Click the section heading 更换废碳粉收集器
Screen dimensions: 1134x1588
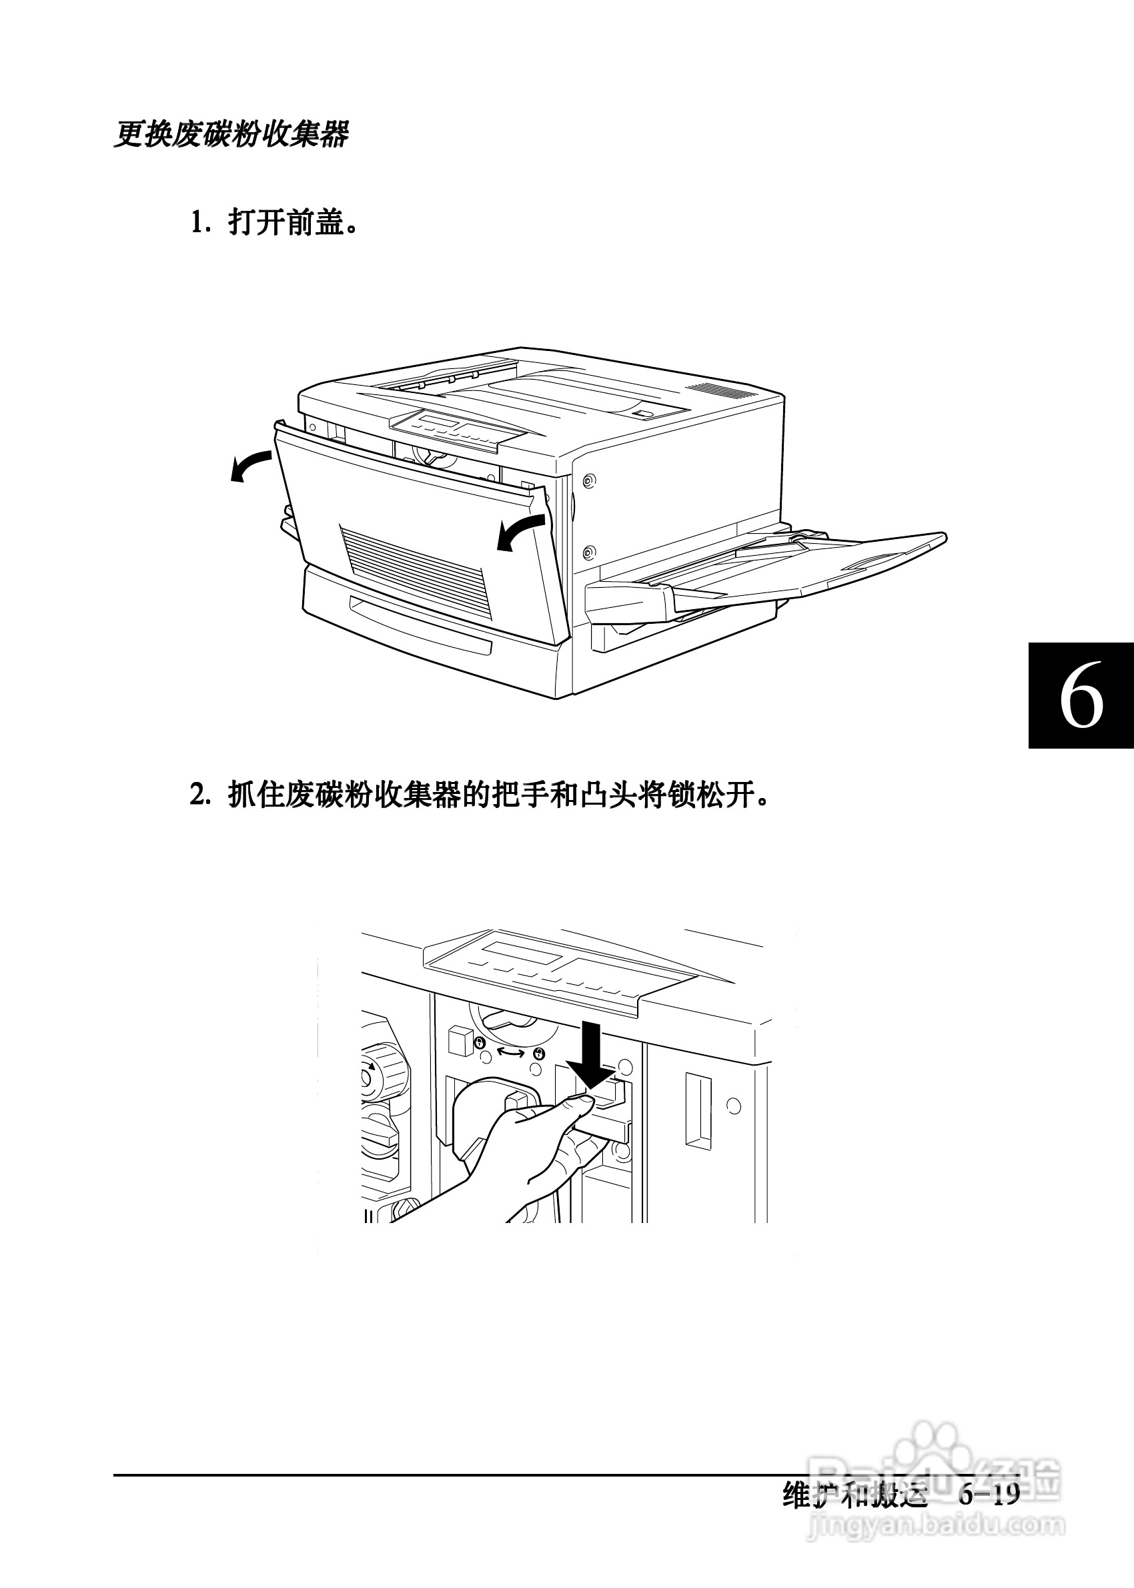pyautogui.click(x=231, y=134)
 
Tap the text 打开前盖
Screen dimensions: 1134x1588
pyautogui.click(x=288, y=224)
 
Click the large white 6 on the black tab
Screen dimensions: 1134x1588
pyautogui.click(x=1081, y=695)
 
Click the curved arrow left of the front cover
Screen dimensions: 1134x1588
pyautogui.click(x=249, y=465)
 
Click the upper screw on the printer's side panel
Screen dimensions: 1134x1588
pyautogui.click(x=588, y=480)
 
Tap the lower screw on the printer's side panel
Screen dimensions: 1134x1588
pyautogui.click(x=588, y=553)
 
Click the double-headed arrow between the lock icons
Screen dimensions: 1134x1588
pyautogui.click(x=510, y=1052)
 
